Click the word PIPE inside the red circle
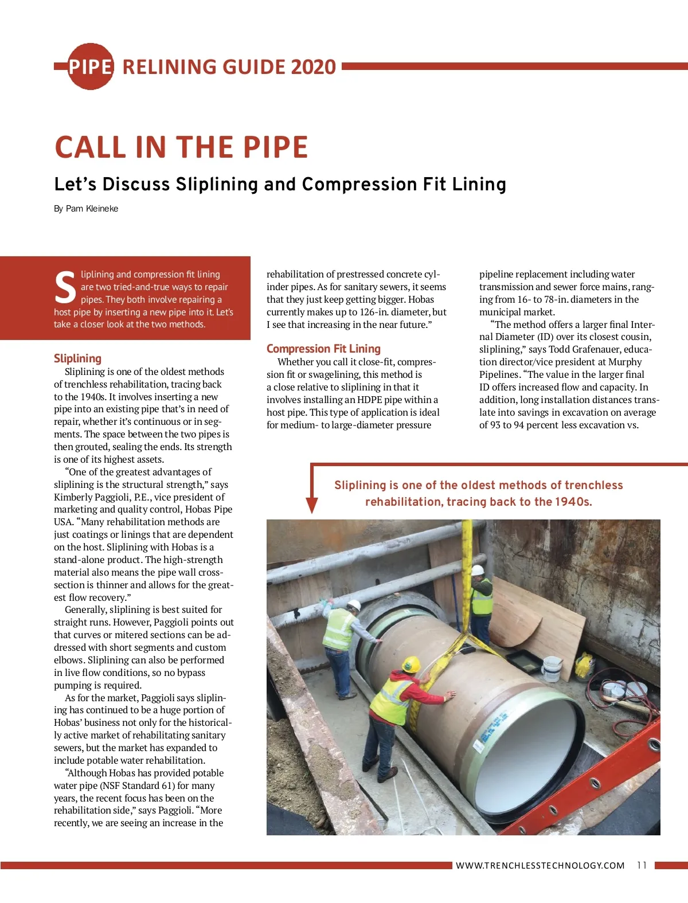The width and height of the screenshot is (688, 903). point(90,67)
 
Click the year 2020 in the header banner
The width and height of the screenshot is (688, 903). point(313,67)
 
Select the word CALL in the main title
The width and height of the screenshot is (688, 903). point(92,147)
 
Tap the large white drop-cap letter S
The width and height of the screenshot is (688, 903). point(65,288)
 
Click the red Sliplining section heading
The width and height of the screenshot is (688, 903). point(77,358)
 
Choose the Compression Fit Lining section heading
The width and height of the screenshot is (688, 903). point(323,349)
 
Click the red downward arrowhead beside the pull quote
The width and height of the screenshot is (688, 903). point(311,505)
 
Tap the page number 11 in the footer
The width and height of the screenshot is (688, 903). point(642,865)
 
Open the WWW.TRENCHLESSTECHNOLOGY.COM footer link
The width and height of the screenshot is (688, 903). point(540,865)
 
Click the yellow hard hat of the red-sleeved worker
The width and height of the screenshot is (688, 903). point(411,664)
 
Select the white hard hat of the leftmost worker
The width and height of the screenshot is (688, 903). point(354,605)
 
